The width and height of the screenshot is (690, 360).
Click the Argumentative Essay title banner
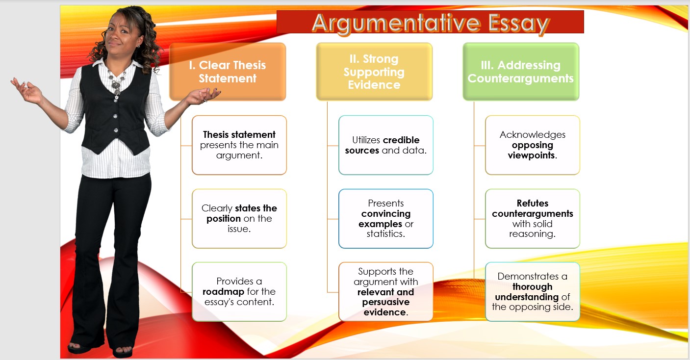click(430, 23)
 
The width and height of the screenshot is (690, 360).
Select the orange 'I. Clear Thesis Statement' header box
click(228, 72)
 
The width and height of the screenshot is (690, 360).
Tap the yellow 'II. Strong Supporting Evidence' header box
click(374, 72)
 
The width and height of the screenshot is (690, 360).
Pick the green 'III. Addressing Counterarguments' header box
click(521, 72)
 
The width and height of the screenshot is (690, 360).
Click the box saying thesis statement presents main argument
click(239, 145)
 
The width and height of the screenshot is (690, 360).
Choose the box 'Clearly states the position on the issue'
click(239, 218)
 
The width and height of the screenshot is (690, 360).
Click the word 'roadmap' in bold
click(223, 292)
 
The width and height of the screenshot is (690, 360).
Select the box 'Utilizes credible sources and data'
click(386, 145)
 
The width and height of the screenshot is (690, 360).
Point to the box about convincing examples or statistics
click(386, 218)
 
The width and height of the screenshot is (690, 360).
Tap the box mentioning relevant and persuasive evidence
click(386, 292)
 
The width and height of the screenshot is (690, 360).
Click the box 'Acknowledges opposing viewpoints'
click(533, 145)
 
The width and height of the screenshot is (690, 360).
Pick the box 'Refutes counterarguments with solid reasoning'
click(533, 218)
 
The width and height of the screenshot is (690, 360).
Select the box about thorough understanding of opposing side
click(533, 292)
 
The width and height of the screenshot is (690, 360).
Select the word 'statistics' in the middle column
click(385, 234)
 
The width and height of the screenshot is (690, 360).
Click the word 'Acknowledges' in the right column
click(533, 134)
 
